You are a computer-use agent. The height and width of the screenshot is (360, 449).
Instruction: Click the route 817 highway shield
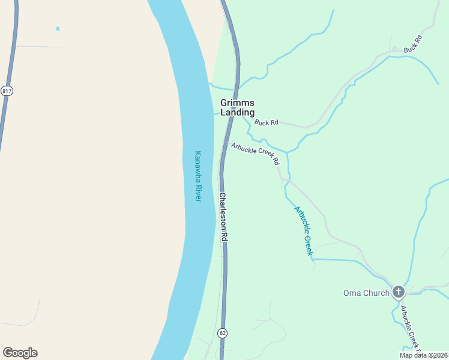tap(7, 91)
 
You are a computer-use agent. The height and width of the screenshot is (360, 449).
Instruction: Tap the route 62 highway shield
tap(223, 332)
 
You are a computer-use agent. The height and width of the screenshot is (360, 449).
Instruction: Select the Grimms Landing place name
tap(237, 107)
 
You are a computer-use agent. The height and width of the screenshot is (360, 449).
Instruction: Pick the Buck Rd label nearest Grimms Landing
tap(267, 122)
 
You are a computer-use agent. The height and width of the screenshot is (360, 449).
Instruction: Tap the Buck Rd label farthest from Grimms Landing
tap(413, 44)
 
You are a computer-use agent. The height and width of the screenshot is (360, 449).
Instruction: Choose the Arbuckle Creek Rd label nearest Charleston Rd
tap(255, 153)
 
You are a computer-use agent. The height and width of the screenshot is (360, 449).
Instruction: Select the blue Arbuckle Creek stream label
tap(304, 231)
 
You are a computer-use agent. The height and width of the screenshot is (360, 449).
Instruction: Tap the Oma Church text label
tap(366, 293)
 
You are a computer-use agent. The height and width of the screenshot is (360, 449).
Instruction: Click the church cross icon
tap(398, 292)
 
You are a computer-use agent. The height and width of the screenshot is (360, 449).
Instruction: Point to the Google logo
tap(20, 353)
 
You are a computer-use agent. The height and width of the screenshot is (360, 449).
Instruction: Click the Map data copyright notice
tap(423, 355)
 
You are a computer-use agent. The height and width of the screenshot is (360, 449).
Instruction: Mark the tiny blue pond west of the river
tap(58, 28)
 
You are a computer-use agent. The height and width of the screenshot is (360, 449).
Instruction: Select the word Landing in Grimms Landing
tap(237, 112)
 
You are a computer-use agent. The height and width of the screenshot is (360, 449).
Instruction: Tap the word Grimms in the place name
tap(237, 103)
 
